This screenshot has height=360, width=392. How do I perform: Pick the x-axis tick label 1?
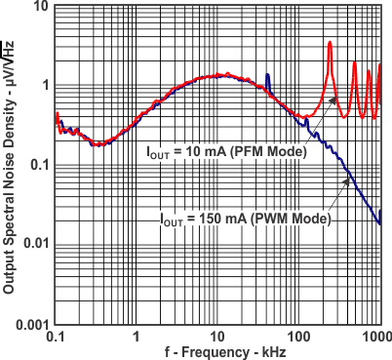(x=137, y=336)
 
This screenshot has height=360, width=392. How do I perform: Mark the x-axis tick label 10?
(x=217, y=336)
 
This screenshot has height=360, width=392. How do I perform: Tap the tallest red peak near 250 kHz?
(x=331, y=43)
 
